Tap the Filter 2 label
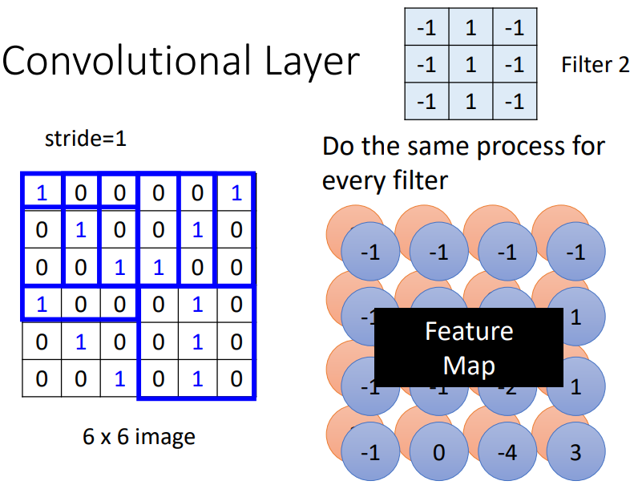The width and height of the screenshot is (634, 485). click(595, 65)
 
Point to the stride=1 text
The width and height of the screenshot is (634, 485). click(86, 139)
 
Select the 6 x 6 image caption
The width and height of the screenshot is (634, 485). click(139, 437)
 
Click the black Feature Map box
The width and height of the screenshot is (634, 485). click(468, 348)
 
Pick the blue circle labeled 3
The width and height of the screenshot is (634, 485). click(575, 452)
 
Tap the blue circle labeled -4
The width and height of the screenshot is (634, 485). click(507, 452)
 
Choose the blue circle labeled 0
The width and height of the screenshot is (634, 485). click(438, 452)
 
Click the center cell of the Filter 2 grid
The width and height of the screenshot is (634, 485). click(470, 64)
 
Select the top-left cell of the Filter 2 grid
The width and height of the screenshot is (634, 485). click(426, 28)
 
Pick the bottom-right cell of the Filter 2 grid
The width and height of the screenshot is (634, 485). click(514, 101)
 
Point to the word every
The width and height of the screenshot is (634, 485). click(353, 181)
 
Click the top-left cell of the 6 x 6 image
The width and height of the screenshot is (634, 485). click(42, 193)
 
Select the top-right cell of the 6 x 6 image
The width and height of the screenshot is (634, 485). click(236, 193)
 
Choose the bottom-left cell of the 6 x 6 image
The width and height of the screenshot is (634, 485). click(42, 378)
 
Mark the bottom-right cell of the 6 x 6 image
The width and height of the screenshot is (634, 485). click(236, 378)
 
